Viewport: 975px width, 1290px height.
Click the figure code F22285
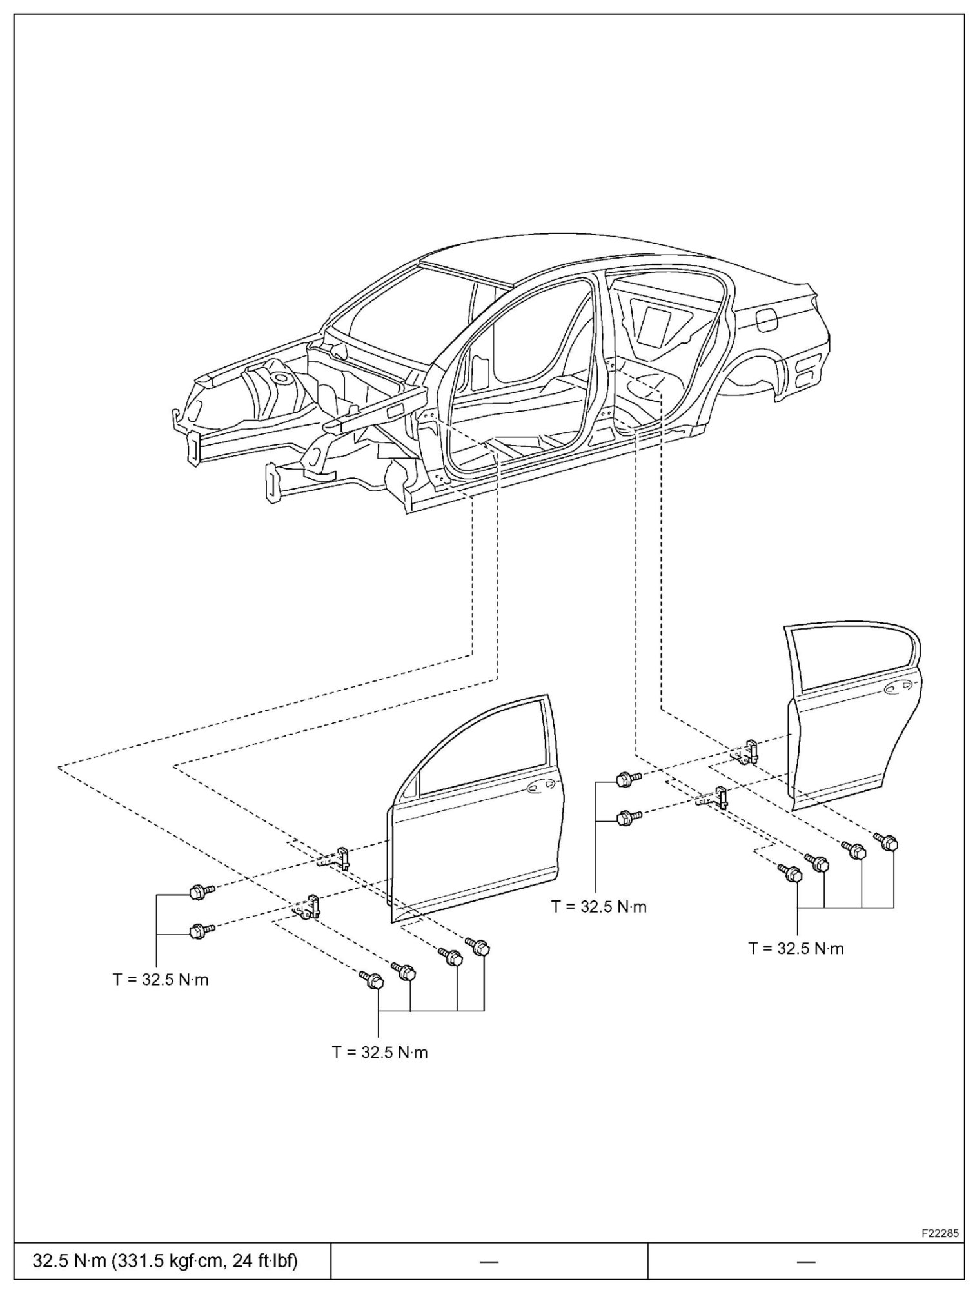tap(940, 1233)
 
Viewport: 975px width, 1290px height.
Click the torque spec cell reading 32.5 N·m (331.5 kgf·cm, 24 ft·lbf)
tap(166, 1260)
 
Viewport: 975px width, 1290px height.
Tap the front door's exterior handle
tap(537, 787)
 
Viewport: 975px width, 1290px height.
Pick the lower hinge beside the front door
tap(310, 906)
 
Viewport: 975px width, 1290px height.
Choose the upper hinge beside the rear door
tap(748, 751)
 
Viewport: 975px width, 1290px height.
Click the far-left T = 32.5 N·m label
tap(161, 980)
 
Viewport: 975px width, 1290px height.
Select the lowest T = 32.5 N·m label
tap(380, 1053)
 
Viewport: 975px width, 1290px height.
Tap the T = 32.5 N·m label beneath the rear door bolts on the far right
tap(796, 949)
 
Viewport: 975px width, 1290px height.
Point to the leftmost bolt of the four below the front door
tap(373, 980)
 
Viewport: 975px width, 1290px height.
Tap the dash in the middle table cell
tap(489, 1260)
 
